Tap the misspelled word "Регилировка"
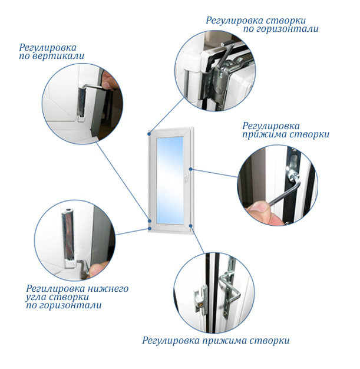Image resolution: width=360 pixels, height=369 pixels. pyautogui.click(x=55, y=289)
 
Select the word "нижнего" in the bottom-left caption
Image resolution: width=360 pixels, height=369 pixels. pyautogui.click(x=108, y=289)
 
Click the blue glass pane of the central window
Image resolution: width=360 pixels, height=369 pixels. pyautogui.click(x=170, y=180)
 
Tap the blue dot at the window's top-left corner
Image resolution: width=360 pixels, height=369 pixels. pyautogui.click(x=149, y=134)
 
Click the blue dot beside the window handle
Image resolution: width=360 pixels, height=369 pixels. pyautogui.click(x=191, y=169)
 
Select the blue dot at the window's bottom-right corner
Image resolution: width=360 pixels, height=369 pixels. pyautogui.click(x=191, y=226)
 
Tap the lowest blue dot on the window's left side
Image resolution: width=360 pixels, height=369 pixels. pyautogui.click(x=149, y=229)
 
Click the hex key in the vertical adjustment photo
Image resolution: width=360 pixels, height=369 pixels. pyautogui.click(x=93, y=87)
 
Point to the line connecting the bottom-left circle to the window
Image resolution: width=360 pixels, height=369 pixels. pyautogui.click(x=131, y=232)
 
